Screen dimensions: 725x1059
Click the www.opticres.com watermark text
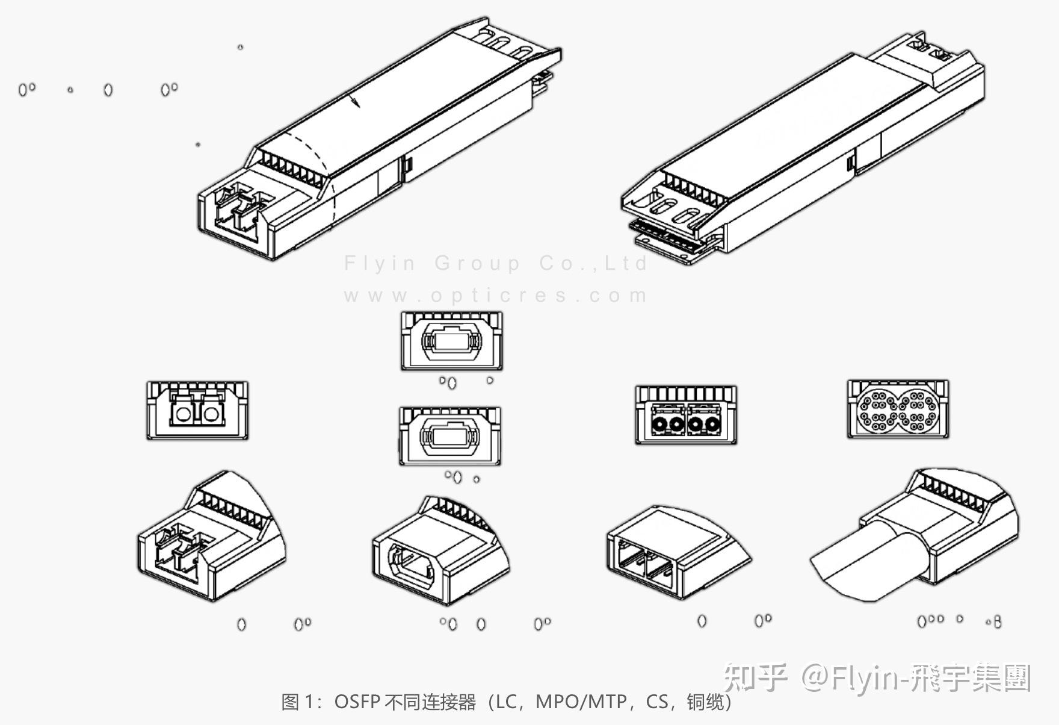click(496, 296)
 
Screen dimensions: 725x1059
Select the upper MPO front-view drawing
click(451, 341)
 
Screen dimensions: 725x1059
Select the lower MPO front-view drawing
click(449, 435)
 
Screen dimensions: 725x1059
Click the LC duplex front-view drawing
click(197, 411)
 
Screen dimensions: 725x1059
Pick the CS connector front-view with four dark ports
click(685, 415)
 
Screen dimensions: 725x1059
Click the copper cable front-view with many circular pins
click(897, 409)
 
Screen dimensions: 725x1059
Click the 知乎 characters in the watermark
click(755, 677)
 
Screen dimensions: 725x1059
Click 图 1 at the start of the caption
click(298, 702)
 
